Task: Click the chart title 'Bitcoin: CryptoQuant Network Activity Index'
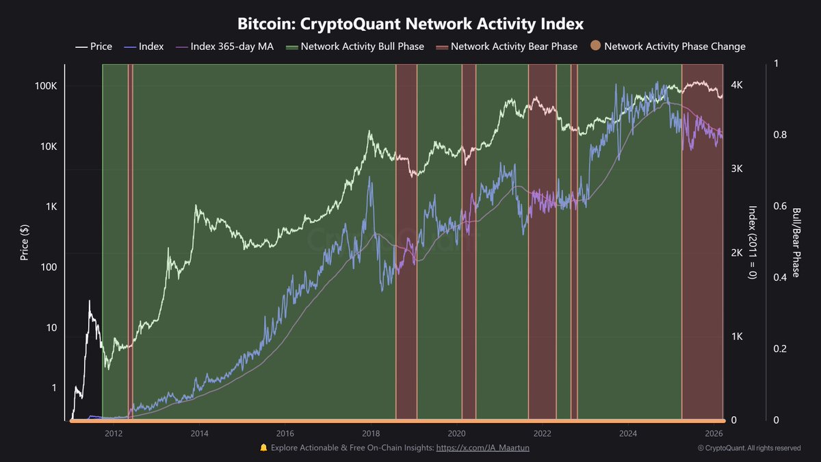(x=410, y=24)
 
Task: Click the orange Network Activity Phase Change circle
(x=595, y=47)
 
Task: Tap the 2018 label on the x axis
(x=371, y=433)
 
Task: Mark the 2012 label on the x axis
(x=114, y=433)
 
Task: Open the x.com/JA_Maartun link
(x=482, y=448)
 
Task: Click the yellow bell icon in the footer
(x=263, y=448)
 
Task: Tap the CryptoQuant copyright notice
(x=749, y=448)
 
